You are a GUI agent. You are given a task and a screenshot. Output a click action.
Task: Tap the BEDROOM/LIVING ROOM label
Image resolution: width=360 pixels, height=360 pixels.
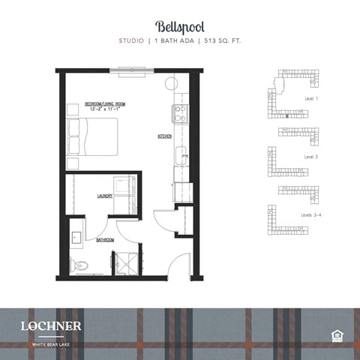point(105,103)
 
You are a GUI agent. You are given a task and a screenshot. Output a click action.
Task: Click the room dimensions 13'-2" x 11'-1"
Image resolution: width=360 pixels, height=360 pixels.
point(106,109)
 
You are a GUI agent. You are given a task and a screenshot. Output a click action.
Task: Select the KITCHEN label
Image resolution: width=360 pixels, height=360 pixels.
point(164,136)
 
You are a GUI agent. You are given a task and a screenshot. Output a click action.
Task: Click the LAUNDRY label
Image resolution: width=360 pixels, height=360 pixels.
point(104,196)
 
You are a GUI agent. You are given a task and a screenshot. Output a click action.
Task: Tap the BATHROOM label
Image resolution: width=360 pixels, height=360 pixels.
point(104,239)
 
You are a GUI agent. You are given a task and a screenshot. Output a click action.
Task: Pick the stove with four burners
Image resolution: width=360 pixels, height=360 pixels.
point(180,113)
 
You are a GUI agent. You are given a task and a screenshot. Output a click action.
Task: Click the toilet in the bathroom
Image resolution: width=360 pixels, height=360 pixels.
point(80,264)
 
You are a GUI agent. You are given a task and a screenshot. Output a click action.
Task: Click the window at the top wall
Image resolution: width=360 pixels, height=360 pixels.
point(132,71)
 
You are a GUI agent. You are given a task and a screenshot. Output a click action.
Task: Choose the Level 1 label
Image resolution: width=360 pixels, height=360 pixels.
point(311,98)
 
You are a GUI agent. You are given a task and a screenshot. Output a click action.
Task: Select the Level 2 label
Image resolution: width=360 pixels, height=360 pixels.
point(311,157)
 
